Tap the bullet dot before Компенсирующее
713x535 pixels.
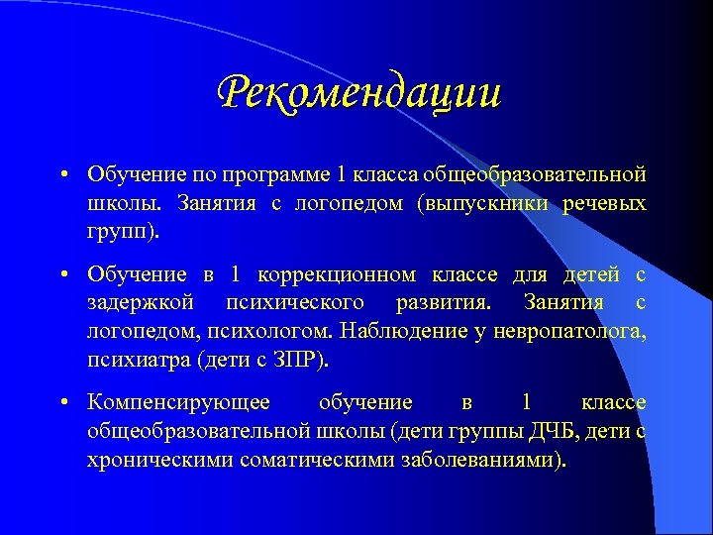tap(61, 404)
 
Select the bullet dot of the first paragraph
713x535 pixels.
tap(61, 176)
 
